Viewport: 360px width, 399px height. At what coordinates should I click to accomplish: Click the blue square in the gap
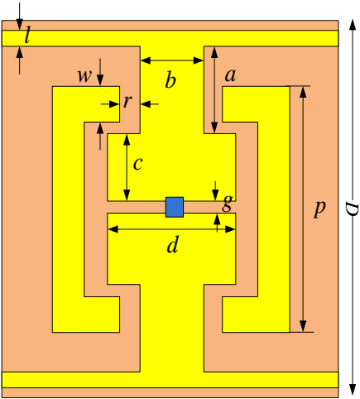coord(175,207)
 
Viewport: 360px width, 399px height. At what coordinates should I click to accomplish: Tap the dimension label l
coord(27,36)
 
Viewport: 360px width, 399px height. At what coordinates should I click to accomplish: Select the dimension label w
coord(84,76)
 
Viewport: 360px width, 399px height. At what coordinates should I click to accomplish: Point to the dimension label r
coord(127,102)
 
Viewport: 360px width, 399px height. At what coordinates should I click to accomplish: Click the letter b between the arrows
coord(170,79)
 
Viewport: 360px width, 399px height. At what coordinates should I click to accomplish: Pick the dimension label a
coord(230,75)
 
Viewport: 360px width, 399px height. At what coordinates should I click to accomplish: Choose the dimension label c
coord(137,164)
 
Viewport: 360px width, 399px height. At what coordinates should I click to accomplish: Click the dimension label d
coord(173,244)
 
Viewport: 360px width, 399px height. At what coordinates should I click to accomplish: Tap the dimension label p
coord(319,208)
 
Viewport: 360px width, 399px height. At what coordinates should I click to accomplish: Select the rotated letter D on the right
coord(353,209)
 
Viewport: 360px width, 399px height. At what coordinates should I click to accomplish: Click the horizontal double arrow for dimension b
coord(172,60)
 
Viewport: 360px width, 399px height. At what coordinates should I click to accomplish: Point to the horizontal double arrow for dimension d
coord(171,229)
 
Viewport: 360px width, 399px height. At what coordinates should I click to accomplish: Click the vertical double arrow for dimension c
coord(127,167)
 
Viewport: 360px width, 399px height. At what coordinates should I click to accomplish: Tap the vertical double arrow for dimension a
coord(214,89)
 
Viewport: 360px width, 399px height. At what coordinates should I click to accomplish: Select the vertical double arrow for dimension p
coord(303,209)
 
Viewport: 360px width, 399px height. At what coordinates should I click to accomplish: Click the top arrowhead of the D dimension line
coord(353,24)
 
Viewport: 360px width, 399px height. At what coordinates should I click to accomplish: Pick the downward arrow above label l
coord(19,16)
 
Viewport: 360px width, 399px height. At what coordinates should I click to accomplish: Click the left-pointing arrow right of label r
coord(150,104)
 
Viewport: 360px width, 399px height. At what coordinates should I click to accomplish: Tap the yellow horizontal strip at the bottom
coord(170,380)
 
